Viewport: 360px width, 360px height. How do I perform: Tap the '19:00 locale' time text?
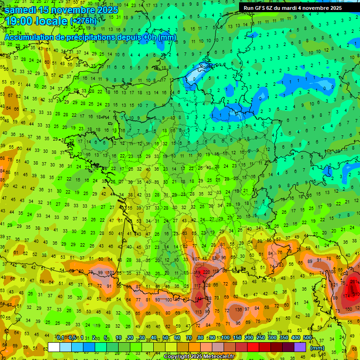(x=37, y=21)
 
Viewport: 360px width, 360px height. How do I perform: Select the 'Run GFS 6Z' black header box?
(x=292, y=8)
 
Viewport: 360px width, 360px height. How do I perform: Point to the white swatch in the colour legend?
(x=54, y=347)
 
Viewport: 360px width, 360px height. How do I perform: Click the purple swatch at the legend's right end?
(x=300, y=347)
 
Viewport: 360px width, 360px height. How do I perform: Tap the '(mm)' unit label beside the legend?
(x=317, y=348)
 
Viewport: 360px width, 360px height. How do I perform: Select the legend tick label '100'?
(x=225, y=338)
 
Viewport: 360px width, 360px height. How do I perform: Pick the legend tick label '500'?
(x=307, y=338)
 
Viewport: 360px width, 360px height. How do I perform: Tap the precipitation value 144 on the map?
(x=199, y=299)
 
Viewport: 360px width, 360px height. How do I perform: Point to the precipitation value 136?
(x=239, y=309)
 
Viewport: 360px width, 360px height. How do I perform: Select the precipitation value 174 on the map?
(x=347, y=296)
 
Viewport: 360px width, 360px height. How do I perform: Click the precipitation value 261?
(x=354, y=282)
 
